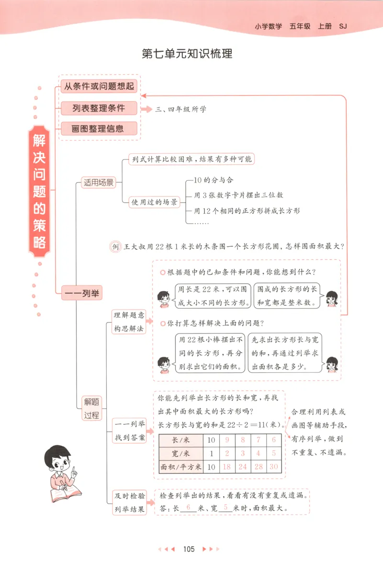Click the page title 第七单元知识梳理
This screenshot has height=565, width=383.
187,54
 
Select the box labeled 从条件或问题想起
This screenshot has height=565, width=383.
99,87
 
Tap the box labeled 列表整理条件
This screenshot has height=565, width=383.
99,108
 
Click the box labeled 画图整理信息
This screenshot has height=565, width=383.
99,128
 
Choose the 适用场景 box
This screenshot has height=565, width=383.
99,183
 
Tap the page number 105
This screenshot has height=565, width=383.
189,549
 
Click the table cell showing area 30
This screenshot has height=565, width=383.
274,466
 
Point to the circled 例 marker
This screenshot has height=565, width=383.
114,247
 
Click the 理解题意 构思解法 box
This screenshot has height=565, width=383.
128,322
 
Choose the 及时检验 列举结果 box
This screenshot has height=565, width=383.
129,503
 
